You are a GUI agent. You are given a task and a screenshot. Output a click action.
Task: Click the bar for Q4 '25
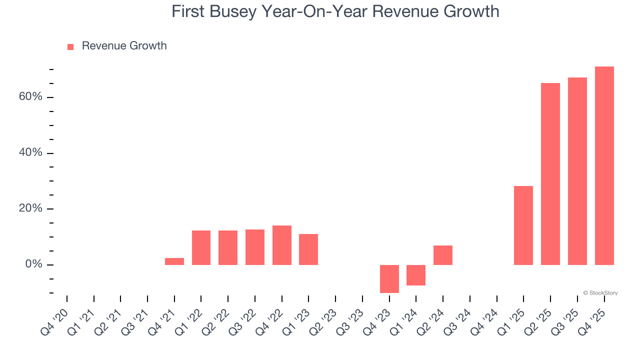click(x=604, y=165)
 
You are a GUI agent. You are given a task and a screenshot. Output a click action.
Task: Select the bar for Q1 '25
click(x=523, y=225)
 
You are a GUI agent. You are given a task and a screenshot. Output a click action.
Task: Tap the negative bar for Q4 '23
click(x=389, y=278)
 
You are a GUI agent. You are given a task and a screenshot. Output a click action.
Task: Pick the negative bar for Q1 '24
click(x=415, y=275)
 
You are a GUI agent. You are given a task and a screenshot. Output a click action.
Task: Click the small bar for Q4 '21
click(x=174, y=261)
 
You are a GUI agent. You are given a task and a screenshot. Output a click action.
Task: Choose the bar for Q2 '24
click(x=442, y=255)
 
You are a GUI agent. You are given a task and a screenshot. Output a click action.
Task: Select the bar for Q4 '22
click(x=281, y=245)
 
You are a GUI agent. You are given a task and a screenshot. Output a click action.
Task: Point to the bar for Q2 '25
click(x=550, y=173)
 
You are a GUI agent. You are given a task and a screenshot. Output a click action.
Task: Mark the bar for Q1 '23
click(x=308, y=249)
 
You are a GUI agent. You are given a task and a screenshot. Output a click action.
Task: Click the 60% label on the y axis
click(x=30, y=96)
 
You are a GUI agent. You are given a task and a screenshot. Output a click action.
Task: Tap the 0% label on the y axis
click(x=33, y=264)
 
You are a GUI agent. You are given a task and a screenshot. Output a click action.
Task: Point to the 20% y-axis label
click(x=30, y=208)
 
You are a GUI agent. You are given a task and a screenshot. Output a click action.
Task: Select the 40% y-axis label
click(x=30, y=152)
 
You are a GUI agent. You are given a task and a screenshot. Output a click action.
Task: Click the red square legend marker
click(x=70, y=46)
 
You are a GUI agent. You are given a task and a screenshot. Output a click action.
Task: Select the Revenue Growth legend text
click(x=124, y=46)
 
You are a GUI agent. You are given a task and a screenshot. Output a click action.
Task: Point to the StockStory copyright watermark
click(x=600, y=293)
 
